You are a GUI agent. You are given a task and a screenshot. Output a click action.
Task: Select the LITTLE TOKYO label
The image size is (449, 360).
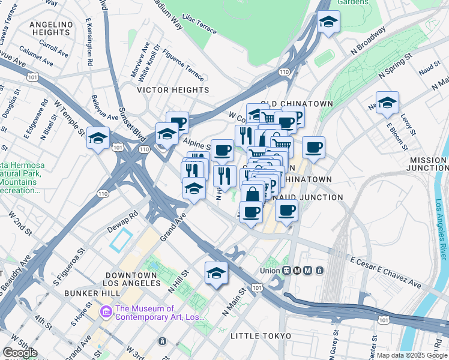(x=261, y=335)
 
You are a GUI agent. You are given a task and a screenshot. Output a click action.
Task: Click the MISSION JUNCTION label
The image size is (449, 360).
(x=428, y=164)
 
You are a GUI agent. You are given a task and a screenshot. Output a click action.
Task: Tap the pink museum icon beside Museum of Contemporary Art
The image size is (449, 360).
(x=106, y=311)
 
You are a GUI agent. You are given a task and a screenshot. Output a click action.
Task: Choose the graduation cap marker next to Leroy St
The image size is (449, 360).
(x=387, y=103)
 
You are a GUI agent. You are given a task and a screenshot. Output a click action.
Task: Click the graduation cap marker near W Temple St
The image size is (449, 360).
(x=98, y=139)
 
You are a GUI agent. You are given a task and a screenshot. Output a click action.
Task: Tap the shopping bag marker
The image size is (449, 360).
(x=253, y=194)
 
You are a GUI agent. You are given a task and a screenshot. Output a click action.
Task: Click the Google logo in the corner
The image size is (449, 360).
(x=20, y=353)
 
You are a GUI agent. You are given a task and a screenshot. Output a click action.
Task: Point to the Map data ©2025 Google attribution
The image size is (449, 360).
(x=411, y=355)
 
